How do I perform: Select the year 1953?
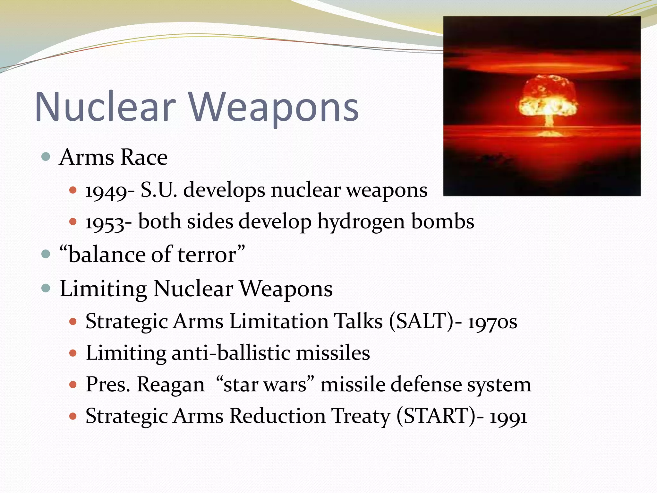pyautogui.click(x=105, y=222)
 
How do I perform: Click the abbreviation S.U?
pyautogui.click(x=159, y=190)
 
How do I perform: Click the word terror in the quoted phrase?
pyautogui.click(x=207, y=255)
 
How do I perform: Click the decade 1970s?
pyautogui.click(x=492, y=322)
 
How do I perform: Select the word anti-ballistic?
pyautogui.click(x=231, y=353)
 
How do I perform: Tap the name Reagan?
pyautogui.click(x=171, y=385)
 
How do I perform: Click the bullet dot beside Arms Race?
pyautogui.click(x=46, y=157)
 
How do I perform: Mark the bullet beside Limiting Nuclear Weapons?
pyautogui.click(x=46, y=288)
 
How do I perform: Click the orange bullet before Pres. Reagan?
pyautogui.click(x=73, y=385)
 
